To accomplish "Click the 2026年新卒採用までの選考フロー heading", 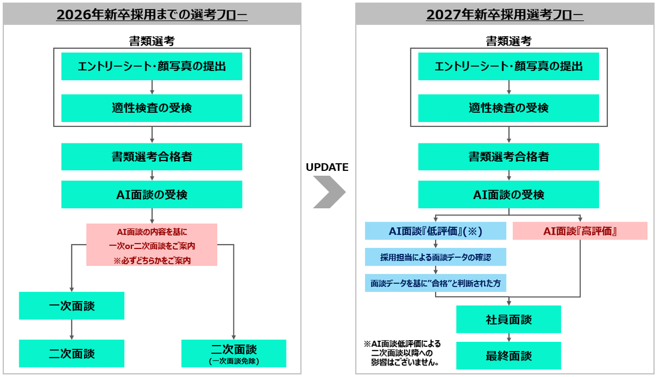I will coord(152,15).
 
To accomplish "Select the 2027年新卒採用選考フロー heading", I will coord(505,15).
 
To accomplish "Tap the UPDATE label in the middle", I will coord(327,168).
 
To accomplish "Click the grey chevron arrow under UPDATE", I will coord(329,192).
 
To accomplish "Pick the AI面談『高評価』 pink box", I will coord(580,231).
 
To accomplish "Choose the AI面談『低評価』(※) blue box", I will coord(436,231).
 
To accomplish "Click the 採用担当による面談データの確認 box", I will coord(436,257).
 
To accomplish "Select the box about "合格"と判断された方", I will coord(436,283).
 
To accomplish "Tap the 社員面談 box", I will coord(508,319).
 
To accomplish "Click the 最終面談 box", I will coord(508,356).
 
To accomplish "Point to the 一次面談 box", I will coord(71,306).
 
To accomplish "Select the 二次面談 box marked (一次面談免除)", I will coord(234,353).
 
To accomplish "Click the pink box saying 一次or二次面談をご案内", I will coord(152,245).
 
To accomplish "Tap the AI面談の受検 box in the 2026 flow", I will coord(152,195).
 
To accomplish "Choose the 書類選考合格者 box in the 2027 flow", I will coord(508,157).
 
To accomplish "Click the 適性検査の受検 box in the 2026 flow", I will coord(152,108).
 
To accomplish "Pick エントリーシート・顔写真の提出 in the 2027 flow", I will coord(508,66).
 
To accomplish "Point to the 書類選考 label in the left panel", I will coord(151,41).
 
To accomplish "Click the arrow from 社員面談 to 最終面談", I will coord(508,337).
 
